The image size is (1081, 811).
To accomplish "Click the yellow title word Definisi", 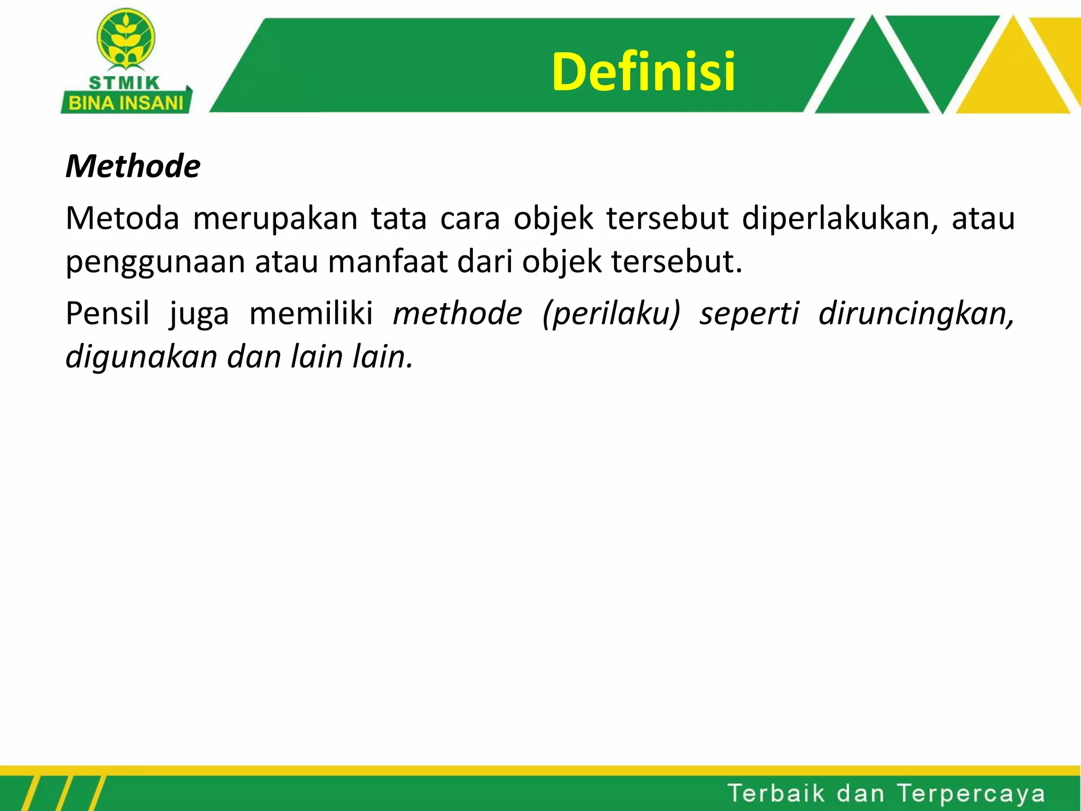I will click(643, 72).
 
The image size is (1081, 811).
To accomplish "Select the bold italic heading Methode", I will click(133, 166).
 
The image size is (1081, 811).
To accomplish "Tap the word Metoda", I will click(122, 218).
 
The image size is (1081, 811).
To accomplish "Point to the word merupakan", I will click(276, 219).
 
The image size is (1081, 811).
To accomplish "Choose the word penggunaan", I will click(155, 262).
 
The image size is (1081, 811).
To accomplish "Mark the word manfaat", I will click(387, 261).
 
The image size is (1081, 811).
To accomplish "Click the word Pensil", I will click(108, 313).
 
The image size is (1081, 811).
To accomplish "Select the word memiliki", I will click(311, 313).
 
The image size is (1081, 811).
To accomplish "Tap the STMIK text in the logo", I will click(125, 83).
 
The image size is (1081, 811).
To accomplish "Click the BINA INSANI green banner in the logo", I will click(126, 102).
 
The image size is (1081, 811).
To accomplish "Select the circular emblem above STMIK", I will click(126, 40).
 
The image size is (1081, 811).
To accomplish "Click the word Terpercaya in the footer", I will click(971, 794).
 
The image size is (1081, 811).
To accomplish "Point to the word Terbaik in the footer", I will click(776, 794).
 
